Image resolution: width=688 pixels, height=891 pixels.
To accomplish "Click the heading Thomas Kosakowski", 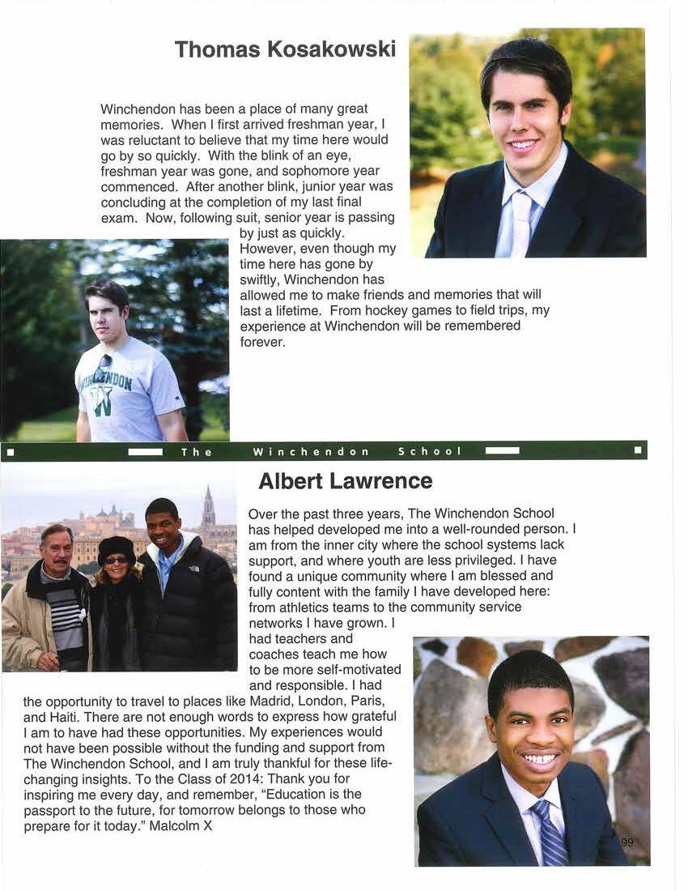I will pos(285,49).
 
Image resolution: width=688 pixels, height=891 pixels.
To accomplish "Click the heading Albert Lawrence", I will pos(345,481).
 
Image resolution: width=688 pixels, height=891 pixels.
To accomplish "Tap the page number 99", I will pos(627,843).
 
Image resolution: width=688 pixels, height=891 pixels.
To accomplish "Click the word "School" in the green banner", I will pos(429,451).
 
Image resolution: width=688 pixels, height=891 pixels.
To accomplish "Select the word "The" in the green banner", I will pos(197,452).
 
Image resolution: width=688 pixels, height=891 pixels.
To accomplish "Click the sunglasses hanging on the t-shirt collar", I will pos(103,369).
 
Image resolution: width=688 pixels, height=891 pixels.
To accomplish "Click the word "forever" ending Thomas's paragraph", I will pos(262,342).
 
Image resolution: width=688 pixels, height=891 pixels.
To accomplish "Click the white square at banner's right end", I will pos(638,450).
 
